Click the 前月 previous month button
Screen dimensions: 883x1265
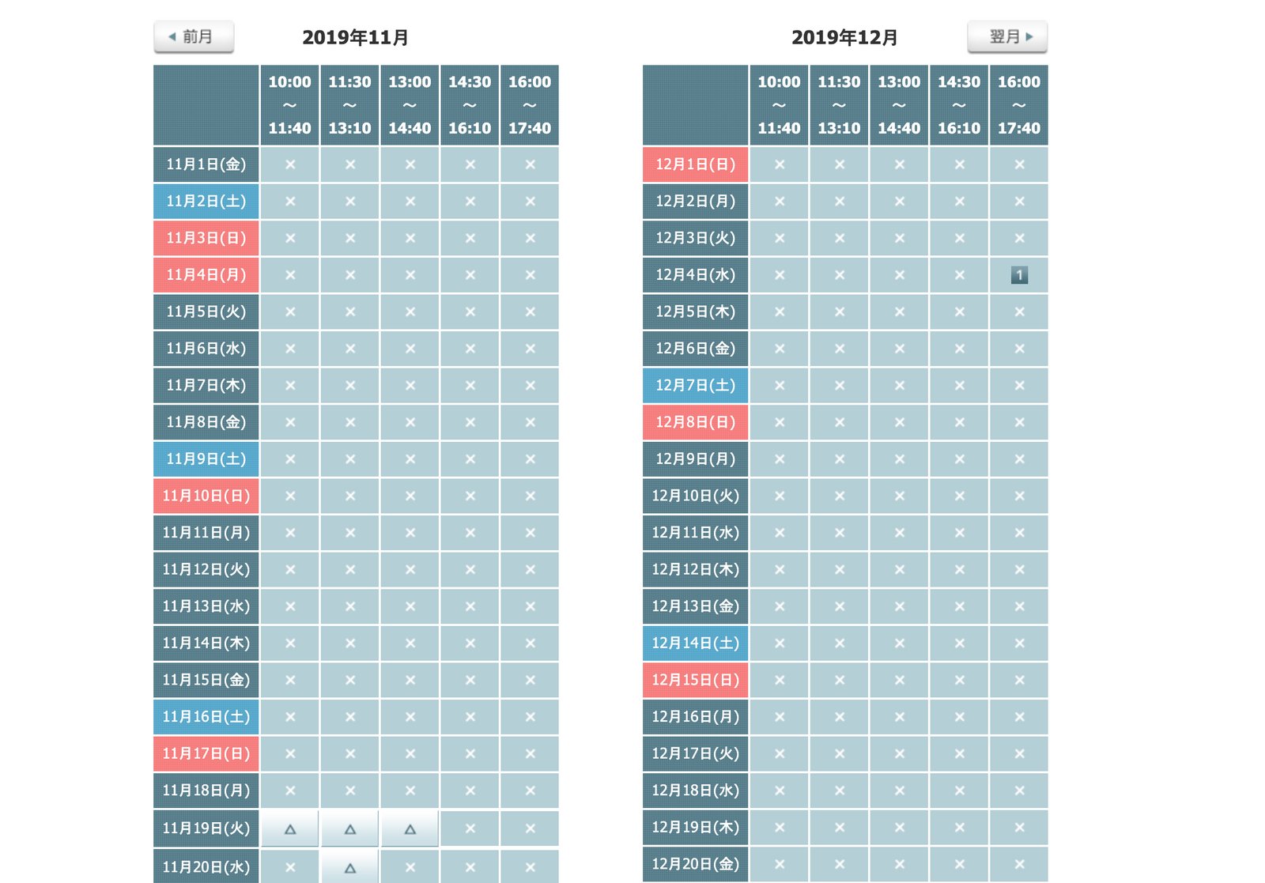(x=194, y=37)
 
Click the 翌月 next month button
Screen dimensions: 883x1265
(x=1007, y=37)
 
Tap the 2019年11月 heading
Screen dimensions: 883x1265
(x=355, y=37)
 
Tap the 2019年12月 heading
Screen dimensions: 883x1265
(x=844, y=37)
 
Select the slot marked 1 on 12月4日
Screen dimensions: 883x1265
(x=1019, y=275)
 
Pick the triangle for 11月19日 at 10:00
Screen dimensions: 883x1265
(x=290, y=829)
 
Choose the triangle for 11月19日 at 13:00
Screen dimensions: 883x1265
(x=410, y=829)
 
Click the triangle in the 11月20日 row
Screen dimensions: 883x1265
(x=350, y=867)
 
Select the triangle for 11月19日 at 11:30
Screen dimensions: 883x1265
(x=350, y=829)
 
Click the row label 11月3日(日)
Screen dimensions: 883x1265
(x=206, y=238)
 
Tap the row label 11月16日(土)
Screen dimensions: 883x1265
(x=206, y=717)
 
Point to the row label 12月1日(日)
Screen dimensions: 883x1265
(x=695, y=164)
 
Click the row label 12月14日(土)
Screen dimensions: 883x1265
(x=695, y=643)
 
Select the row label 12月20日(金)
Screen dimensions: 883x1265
(x=695, y=864)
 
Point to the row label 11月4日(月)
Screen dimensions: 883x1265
(x=206, y=275)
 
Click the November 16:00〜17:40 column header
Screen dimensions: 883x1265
(x=530, y=105)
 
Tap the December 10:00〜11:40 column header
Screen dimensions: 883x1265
(x=779, y=105)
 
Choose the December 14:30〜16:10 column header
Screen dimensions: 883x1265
(x=959, y=105)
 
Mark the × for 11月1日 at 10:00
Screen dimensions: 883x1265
(x=290, y=164)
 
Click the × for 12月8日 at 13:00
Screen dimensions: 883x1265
(x=899, y=422)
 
